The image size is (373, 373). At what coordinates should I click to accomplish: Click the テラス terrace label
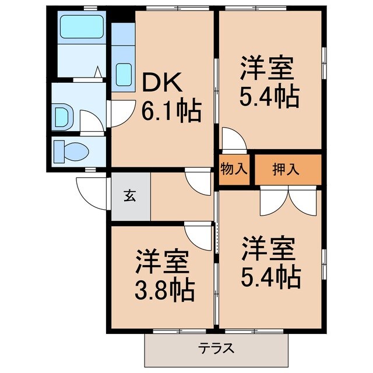pyautogui.click(x=216, y=348)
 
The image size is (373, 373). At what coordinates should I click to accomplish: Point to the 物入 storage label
pyautogui.click(x=235, y=170)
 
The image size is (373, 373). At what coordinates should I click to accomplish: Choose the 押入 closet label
pyautogui.click(x=286, y=170)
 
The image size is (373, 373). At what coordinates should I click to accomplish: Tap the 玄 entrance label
pyautogui.click(x=129, y=196)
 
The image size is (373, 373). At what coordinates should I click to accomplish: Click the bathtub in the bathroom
pyautogui.click(x=81, y=26)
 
